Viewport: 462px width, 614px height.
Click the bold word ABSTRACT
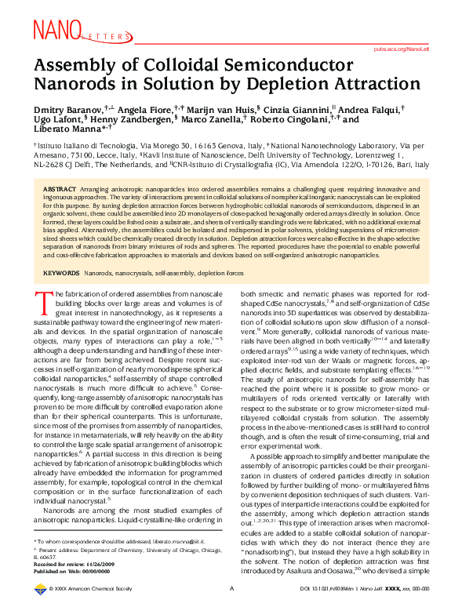click(x=60, y=191)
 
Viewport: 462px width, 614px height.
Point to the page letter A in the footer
click(x=231, y=609)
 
